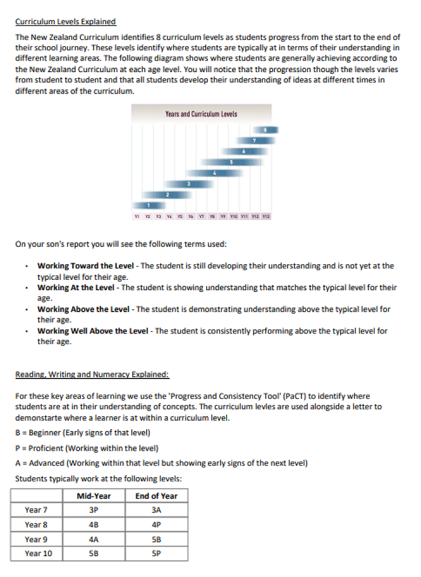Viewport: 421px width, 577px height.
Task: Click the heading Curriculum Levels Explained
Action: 65,22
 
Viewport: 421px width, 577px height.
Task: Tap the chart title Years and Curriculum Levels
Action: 201,114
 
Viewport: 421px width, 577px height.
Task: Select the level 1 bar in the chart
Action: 148,205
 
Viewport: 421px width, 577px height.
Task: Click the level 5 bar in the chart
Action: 231,162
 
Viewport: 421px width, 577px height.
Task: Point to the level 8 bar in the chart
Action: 265,130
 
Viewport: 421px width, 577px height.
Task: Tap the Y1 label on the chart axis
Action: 136,217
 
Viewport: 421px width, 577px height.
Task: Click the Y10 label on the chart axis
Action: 233,217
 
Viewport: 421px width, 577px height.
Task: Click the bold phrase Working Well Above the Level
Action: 93,331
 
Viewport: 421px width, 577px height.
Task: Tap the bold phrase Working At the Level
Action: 76,287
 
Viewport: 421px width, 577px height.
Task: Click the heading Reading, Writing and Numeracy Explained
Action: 92,374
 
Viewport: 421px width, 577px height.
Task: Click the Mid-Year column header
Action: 94,496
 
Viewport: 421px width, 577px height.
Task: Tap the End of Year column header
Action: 156,496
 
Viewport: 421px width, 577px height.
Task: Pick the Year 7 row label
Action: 36,510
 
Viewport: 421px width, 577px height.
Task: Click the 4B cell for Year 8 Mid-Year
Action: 94,524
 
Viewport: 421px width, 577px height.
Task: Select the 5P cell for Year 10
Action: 156,553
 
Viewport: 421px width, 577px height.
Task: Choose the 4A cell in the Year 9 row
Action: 94,539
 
